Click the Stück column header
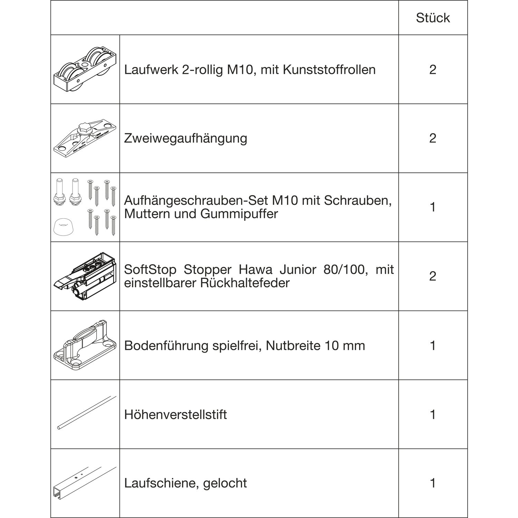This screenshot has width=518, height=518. coord(433,18)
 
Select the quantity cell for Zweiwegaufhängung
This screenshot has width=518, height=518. coord(433,138)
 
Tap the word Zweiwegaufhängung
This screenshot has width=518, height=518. coord(185,138)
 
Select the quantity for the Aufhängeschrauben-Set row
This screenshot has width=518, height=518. coord(433,207)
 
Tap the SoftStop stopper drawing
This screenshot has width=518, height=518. coord(85,276)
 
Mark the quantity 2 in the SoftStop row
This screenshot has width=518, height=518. coord(433,276)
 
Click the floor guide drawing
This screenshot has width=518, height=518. coord(85,345)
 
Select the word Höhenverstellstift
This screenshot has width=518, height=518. coord(175,414)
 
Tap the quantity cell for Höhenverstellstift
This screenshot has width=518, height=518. coord(433,414)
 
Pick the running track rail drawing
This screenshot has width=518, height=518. coord(85,482)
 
